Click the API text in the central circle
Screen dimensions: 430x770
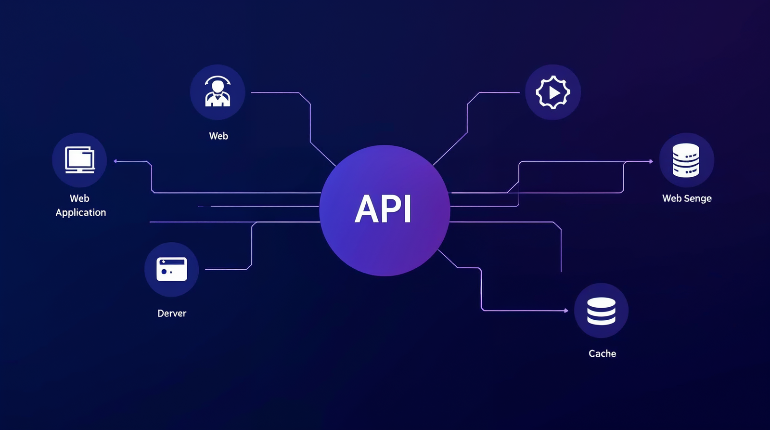point(384,209)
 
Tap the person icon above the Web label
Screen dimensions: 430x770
point(218,92)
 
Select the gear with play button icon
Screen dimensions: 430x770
point(553,92)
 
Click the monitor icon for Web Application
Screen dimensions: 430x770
point(80,160)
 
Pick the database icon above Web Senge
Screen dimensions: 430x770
point(686,160)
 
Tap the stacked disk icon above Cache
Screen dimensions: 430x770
point(601,311)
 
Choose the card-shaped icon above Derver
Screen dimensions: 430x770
point(172,269)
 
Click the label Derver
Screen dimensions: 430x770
point(172,313)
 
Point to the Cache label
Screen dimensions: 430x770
point(602,354)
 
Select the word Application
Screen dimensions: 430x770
point(81,213)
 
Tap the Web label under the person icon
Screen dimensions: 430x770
point(218,136)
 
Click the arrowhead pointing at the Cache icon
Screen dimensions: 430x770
point(566,311)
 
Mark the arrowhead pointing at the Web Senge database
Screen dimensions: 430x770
point(651,161)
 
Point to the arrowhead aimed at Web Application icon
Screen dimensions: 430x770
point(115,161)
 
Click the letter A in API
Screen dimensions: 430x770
point(366,209)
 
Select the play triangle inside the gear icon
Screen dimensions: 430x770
point(554,92)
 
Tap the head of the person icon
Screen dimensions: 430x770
point(218,86)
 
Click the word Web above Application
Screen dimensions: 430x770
point(79,198)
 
